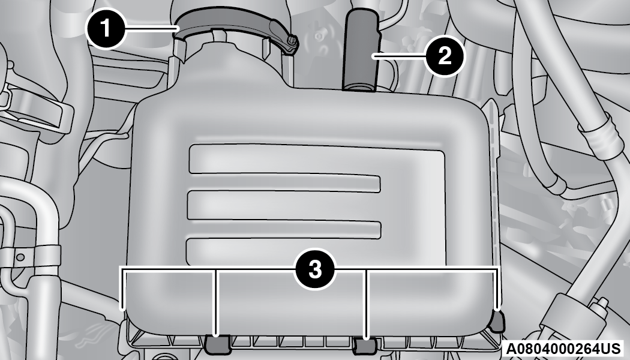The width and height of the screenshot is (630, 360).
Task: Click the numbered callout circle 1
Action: coord(106,29)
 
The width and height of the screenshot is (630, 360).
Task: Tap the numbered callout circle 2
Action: coord(445,55)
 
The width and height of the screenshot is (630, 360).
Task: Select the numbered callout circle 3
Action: coord(315,269)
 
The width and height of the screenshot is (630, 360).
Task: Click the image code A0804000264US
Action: coord(563,349)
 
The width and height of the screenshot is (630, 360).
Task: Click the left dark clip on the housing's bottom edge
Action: coord(217,343)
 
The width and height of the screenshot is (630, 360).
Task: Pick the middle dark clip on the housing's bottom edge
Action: coord(365,346)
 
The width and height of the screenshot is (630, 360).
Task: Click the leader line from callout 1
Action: coord(151,28)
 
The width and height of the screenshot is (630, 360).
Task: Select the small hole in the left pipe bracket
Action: coord(20,257)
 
